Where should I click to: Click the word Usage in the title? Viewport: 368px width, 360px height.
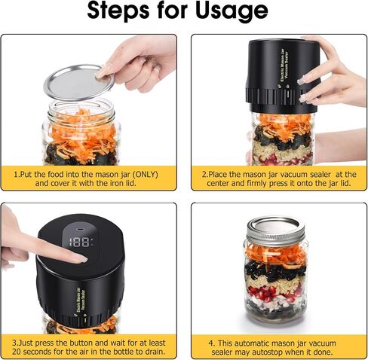[232, 11]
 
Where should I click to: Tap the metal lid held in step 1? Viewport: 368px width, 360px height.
[79, 82]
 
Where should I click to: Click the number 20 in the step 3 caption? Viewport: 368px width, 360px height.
[17, 351]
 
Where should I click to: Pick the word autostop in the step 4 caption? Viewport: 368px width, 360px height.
[267, 352]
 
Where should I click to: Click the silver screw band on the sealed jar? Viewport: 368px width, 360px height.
[276, 239]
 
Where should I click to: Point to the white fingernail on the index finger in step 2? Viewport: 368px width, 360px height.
[301, 81]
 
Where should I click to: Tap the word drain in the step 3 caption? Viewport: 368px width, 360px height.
[154, 351]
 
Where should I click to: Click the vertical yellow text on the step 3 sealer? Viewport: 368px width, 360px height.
[81, 301]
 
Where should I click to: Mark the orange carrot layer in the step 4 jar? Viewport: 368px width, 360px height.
[275, 253]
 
